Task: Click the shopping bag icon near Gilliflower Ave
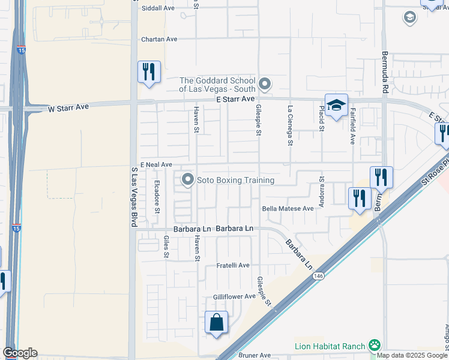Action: pos(216,322)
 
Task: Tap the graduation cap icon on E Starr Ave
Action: pos(337,105)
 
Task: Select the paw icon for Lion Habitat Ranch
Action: pos(375,345)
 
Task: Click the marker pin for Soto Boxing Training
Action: pos(188,179)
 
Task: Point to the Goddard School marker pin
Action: pos(265,83)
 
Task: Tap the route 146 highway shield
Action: pos(318,276)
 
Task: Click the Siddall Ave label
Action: pos(158,8)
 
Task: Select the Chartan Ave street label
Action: pos(159,40)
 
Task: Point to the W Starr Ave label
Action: pos(68,107)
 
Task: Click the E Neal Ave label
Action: pos(156,164)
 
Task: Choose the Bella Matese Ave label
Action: pos(288,209)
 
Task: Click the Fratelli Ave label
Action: pos(233,265)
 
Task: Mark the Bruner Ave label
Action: pos(255,355)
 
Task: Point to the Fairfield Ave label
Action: pos(353,126)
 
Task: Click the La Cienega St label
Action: pos(290,126)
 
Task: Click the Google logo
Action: pos(20,353)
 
